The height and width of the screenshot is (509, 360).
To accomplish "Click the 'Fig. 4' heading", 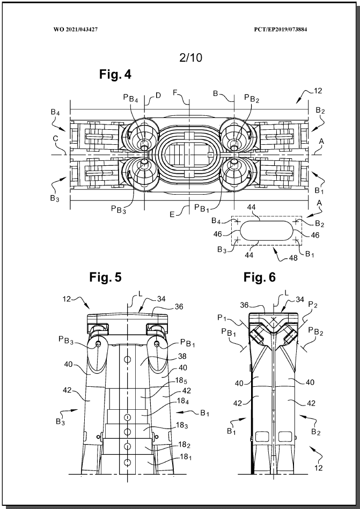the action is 115,75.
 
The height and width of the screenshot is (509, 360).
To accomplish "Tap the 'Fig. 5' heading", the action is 106,277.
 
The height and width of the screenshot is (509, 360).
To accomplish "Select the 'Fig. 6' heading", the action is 260,277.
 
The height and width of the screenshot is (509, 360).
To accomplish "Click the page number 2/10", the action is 190,58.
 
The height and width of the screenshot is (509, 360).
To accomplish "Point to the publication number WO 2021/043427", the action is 76,29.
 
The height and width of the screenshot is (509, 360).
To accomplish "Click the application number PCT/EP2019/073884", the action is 281,29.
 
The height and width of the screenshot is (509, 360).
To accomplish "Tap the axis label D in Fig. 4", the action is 158,95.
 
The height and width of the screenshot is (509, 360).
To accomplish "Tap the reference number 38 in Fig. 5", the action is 182,357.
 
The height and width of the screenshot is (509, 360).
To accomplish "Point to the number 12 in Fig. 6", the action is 319,468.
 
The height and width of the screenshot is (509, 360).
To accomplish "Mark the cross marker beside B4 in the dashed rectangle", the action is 237,222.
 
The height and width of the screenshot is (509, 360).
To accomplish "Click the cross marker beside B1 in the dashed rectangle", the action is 296,240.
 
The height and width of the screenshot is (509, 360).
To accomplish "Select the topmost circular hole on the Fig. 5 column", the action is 128,359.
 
